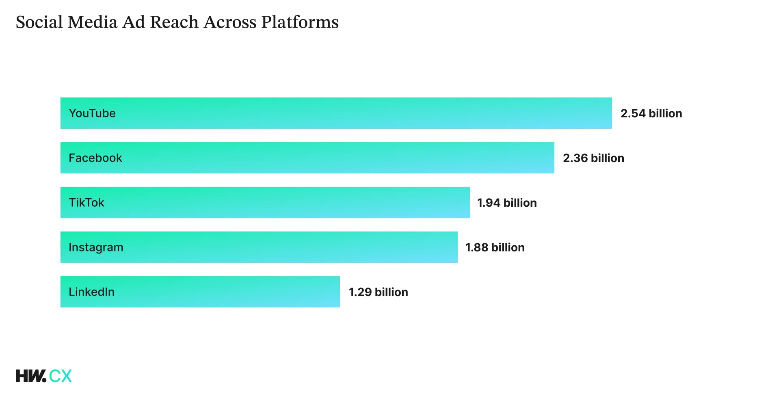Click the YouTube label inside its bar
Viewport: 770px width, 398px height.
92,113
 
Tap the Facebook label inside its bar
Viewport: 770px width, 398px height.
95,158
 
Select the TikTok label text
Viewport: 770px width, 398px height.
87,203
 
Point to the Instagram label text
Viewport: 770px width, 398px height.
96,247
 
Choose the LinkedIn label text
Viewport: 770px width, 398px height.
91,292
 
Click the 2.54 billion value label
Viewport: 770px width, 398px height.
651,113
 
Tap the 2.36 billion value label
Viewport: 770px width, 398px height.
593,158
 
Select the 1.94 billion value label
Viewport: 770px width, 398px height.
507,203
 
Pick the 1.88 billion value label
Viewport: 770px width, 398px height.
495,247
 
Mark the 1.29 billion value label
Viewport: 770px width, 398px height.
378,292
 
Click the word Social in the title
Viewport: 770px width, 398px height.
39,22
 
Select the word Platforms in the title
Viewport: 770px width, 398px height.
300,22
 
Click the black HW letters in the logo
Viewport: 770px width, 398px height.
30,376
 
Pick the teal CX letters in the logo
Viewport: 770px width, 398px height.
61,376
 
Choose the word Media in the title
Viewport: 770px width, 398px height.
93,22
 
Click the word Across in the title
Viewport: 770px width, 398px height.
230,22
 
